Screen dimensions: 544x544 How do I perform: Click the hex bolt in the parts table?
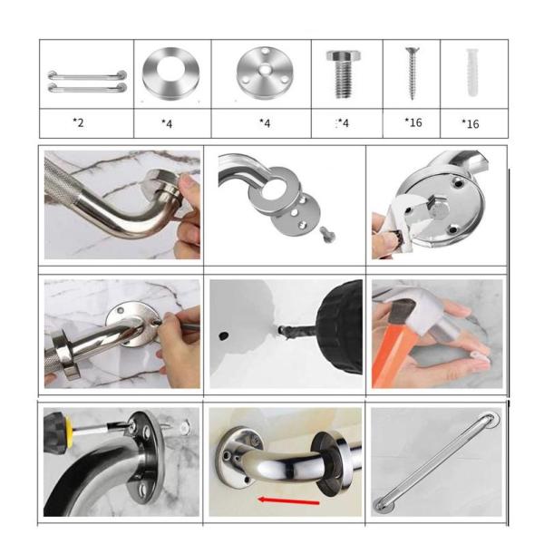(x=343, y=74)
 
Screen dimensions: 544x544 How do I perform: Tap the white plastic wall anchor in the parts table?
(x=473, y=73)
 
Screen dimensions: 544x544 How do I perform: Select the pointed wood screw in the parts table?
(x=413, y=73)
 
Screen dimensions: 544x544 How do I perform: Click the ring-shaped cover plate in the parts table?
(x=170, y=73)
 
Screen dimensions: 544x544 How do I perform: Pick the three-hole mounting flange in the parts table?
(x=264, y=73)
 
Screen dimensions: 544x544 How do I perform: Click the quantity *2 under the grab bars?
(x=78, y=122)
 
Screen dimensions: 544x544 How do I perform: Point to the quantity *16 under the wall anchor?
(x=470, y=124)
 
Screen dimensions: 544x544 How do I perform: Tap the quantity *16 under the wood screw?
(x=413, y=122)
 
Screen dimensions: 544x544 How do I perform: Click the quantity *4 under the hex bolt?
(x=343, y=123)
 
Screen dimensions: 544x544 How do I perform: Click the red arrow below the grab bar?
(x=288, y=500)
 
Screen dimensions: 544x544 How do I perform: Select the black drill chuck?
(x=340, y=328)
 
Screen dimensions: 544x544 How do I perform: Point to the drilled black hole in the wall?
(x=223, y=335)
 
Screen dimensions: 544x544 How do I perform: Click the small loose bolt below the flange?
(x=327, y=234)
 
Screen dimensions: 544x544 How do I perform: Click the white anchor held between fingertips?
(x=480, y=356)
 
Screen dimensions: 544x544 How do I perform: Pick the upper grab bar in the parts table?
(x=87, y=75)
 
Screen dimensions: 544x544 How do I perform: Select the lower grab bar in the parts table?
(x=87, y=87)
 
